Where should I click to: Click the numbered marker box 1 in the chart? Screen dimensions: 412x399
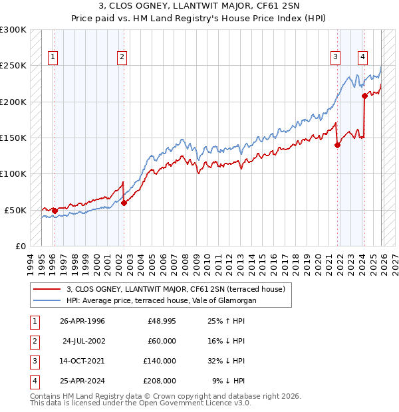click(x=53, y=58)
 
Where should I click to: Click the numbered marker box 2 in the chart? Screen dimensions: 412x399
click(x=122, y=58)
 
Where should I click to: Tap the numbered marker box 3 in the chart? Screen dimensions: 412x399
click(x=336, y=58)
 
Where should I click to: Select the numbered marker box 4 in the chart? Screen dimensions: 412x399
click(x=362, y=58)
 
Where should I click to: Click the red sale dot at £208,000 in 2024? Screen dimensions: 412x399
click(x=364, y=96)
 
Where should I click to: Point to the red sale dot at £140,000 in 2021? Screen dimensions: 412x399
click(x=337, y=146)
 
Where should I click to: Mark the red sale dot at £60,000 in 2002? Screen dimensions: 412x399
click(x=124, y=203)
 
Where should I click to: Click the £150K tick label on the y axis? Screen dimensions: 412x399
click(x=14, y=138)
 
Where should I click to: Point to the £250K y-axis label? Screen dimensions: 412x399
click(x=14, y=66)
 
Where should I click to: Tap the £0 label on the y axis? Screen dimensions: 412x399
click(x=19, y=246)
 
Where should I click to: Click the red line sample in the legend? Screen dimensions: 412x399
click(x=47, y=289)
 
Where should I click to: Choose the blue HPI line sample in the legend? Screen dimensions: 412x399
click(x=47, y=300)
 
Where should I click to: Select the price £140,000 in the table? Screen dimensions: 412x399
click(x=159, y=361)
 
